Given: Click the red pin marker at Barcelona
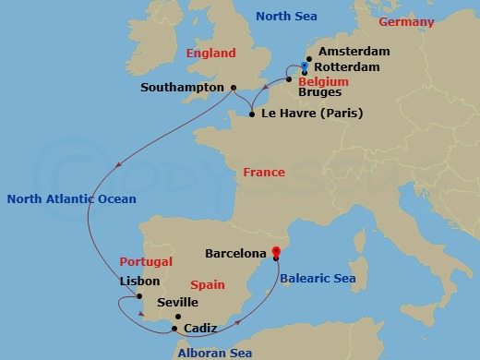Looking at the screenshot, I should pos(277,251).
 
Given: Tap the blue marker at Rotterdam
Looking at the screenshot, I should pos(305,66).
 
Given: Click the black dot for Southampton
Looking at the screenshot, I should pos(233,88).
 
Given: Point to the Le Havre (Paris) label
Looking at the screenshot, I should pos(312,114).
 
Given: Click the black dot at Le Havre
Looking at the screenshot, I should pos(251,114).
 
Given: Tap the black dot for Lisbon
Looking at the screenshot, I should pos(139,297).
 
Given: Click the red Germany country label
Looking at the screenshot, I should pos(410,20).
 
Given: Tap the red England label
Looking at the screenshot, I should pos(210,54).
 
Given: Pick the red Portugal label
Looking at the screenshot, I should pos(140,262).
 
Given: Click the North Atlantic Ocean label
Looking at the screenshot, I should pos(70,198).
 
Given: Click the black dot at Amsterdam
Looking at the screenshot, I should pos(307,58).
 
